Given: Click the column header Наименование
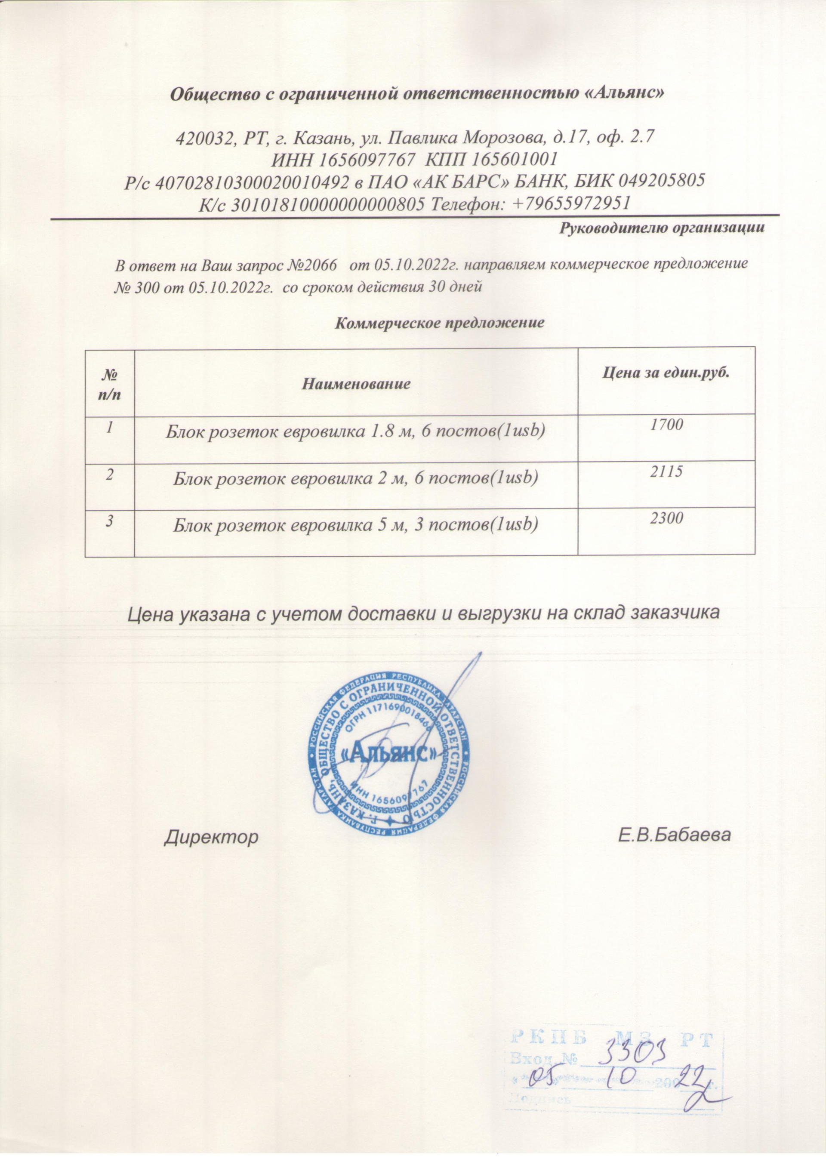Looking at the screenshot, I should [357, 383].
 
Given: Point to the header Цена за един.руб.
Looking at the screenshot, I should [666, 373].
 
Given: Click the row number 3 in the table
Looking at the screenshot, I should [109, 519].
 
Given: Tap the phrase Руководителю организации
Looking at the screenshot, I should [662, 228].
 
